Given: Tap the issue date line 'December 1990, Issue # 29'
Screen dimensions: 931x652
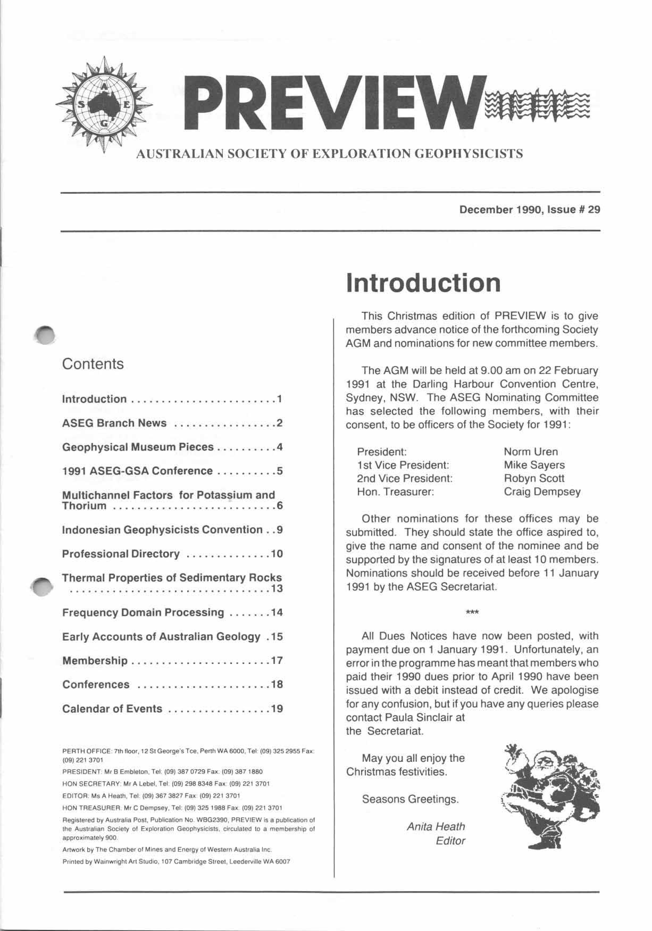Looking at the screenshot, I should (529, 210).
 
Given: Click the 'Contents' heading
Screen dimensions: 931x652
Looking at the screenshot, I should (93, 364).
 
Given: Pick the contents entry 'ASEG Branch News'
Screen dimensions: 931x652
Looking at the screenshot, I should (114, 423).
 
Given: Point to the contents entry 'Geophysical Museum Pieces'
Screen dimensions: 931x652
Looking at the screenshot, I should (138, 447).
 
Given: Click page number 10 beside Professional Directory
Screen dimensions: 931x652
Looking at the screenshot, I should (277, 554).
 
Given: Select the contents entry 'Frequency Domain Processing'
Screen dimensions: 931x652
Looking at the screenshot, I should (143, 612).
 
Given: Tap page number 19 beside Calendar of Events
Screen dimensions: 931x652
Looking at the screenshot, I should (277, 709).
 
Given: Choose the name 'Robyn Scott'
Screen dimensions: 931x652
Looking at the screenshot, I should (534, 479).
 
